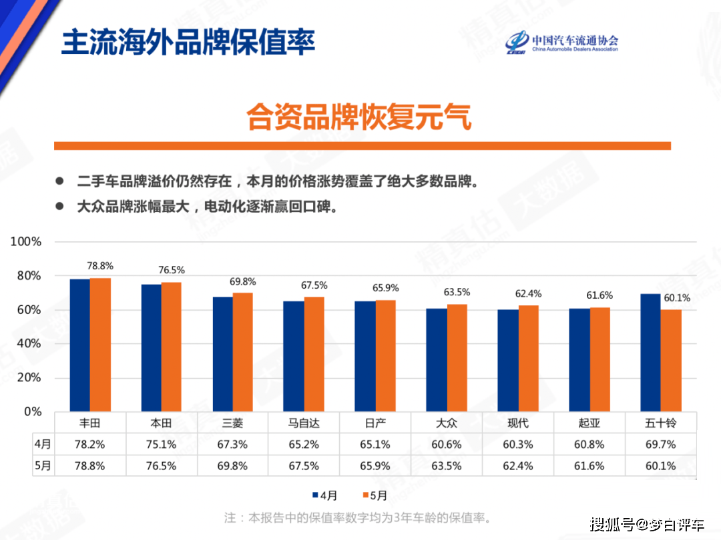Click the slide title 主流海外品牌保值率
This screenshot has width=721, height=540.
[188, 41]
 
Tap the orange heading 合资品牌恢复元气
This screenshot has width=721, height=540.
[359, 117]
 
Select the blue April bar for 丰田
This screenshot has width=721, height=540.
[80, 345]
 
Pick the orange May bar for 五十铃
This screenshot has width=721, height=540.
[671, 360]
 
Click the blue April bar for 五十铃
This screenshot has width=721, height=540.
[650, 352]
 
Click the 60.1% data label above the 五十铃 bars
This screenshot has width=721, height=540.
[676, 298]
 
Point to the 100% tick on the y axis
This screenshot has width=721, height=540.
[26, 241]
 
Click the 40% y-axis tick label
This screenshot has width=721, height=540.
[30, 343]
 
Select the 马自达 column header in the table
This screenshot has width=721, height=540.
[304, 423]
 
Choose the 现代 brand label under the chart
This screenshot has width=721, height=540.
[518, 423]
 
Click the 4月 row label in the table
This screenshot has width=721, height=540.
[43, 444]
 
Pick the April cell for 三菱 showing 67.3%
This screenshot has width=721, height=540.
[232, 444]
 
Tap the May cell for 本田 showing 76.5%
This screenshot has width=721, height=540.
[161, 466]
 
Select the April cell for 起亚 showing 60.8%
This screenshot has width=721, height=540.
[589, 444]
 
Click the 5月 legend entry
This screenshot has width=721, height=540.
[373, 495]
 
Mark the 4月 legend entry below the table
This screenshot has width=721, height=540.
[325, 495]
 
